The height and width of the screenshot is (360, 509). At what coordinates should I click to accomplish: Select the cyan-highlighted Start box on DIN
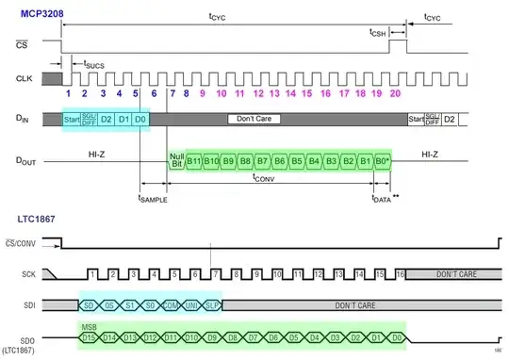coord(72,121)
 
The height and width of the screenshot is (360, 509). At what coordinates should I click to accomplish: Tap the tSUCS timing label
coord(94,65)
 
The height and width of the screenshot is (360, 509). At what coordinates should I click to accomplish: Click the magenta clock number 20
coord(395,93)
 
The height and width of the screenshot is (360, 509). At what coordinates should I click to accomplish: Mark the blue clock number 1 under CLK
coord(69,93)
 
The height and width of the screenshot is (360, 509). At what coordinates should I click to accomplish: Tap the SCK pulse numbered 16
coord(400,273)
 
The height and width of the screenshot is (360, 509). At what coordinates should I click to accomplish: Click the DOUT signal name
coord(25,159)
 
